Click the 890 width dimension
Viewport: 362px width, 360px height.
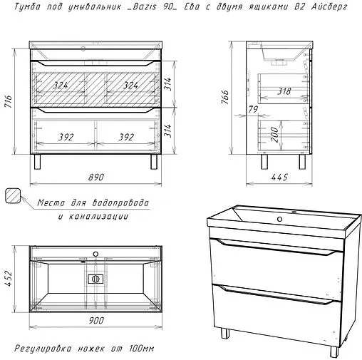[x=96, y=178]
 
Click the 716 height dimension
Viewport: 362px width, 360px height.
[x=9, y=101]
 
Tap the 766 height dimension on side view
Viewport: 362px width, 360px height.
[x=224, y=97]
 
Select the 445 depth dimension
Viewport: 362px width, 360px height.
[x=279, y=178]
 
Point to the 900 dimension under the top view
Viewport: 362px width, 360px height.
[x=96, y=321]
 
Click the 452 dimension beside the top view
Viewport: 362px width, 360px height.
[x=9, y=278]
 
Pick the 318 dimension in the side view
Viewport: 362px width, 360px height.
[x=284, y=91]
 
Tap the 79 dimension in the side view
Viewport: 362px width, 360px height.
[x=253, y=110]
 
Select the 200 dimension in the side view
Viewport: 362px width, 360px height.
[x=274, y=135]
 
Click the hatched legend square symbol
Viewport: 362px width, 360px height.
[x=13, y=195]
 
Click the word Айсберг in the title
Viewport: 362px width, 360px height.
[x=329, y=6]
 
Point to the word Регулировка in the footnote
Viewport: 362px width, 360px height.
[x=43, y=349]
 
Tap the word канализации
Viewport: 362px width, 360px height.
[x=98, y=217]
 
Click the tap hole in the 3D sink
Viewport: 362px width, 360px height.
[x=279, y=219]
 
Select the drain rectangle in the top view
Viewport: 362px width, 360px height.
[x=95, y=279]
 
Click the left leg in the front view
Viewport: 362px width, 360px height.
[x=38, y=162]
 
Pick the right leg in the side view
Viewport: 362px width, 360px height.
[x=302, y=162]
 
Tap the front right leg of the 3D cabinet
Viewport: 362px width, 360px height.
[x=334, y=352]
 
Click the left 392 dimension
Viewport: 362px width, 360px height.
[x=66, y=138]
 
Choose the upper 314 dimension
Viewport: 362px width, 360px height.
[x=167, y=83]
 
